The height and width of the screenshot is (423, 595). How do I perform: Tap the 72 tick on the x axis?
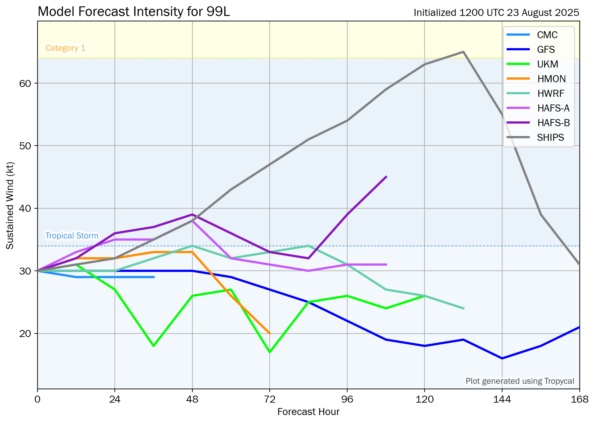coord(270,399)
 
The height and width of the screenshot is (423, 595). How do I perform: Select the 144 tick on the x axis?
coord(502,399)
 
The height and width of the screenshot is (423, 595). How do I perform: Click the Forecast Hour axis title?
coord(308,412)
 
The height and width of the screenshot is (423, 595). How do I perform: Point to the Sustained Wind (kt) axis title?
coord(10,206)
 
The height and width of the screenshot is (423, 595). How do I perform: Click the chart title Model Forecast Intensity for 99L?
coord(134,12)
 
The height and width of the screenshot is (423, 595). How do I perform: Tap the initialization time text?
coord(496,13)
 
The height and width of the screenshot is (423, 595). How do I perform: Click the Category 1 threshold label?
coord(66,48)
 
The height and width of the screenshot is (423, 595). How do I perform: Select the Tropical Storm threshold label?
coord(72,236)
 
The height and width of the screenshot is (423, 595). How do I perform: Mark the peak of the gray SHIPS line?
coord(463,52)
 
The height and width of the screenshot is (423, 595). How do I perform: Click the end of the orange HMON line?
coord(270,333)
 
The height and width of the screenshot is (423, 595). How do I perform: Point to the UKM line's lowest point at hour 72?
coord(270,352)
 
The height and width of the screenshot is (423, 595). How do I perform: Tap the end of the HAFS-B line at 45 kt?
coord(386,177)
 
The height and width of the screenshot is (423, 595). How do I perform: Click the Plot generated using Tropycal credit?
coord(520,381)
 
